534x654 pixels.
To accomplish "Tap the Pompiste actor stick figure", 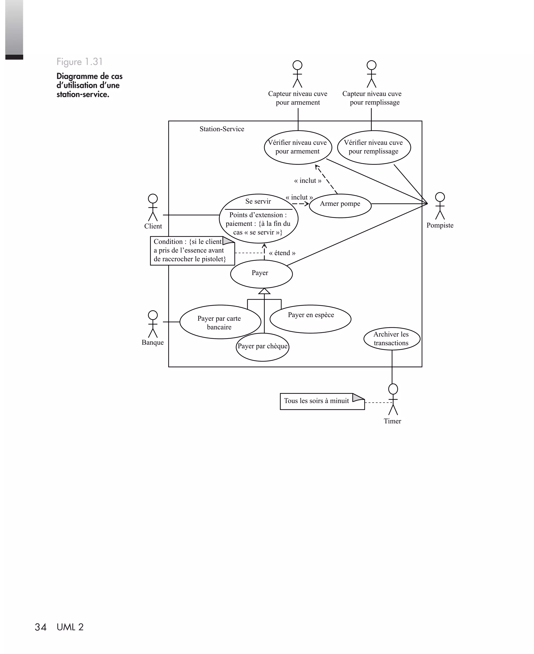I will pyautogui.click(x=440, y=206).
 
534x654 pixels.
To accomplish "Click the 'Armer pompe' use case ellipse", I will pyautogui.click(x=340, y=206).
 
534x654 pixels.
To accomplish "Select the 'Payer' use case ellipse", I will pyautogui.click(x=261, y=274).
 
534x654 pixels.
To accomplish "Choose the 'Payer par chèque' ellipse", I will pyautogui.click(x=262, y=347).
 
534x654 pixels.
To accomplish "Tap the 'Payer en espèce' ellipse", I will pyautogui.click(x=310, y=319).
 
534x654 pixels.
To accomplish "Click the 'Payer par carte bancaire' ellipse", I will pyautogui.click(x=220, y=322).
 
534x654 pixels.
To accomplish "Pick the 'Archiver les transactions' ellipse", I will pyautogui.click(x=392, y=339).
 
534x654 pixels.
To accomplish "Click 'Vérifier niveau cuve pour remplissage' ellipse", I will pyautogui.click(x=374, y=147).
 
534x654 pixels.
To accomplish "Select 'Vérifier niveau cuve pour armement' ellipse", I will pyautogui.click(x=298, y=147).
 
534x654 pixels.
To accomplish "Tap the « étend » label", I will pyautogui.click(x=282, y=253).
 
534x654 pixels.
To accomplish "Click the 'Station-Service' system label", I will pyautogui.click(x=222, y=129).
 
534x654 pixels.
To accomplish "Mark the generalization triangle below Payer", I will pyautogui.click(x=264, y=291).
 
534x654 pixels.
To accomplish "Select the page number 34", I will pyautogui.click(x=41, y=627).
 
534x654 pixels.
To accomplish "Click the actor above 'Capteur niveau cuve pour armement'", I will pyautogui.click(x=298, y=74).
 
